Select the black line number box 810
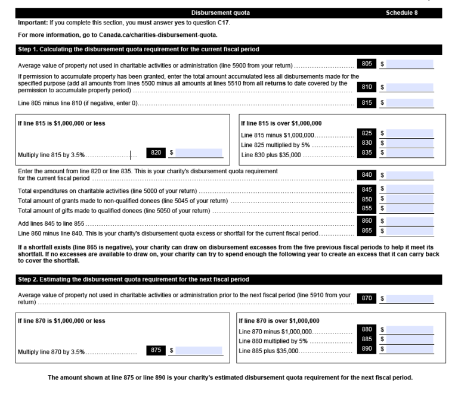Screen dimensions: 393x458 (367, 86)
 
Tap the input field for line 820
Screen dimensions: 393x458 (199, 153)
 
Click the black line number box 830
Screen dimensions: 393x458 (367, 144)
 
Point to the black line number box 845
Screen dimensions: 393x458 (367, 189)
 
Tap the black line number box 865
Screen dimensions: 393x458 (367, 231)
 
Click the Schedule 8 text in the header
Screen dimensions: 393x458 (405, 13)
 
